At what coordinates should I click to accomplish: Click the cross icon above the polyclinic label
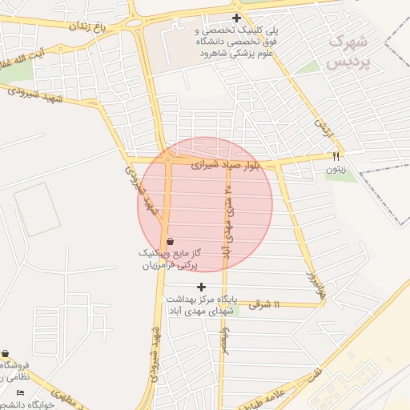pos(235,18)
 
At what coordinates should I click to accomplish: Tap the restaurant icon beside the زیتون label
pos(336,155)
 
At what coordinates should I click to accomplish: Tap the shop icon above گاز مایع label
pos(170,241)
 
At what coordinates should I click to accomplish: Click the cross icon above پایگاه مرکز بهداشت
pos(201,286)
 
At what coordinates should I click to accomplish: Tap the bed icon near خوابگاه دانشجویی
pos(20,392)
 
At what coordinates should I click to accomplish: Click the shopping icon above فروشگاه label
pos(6,353)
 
